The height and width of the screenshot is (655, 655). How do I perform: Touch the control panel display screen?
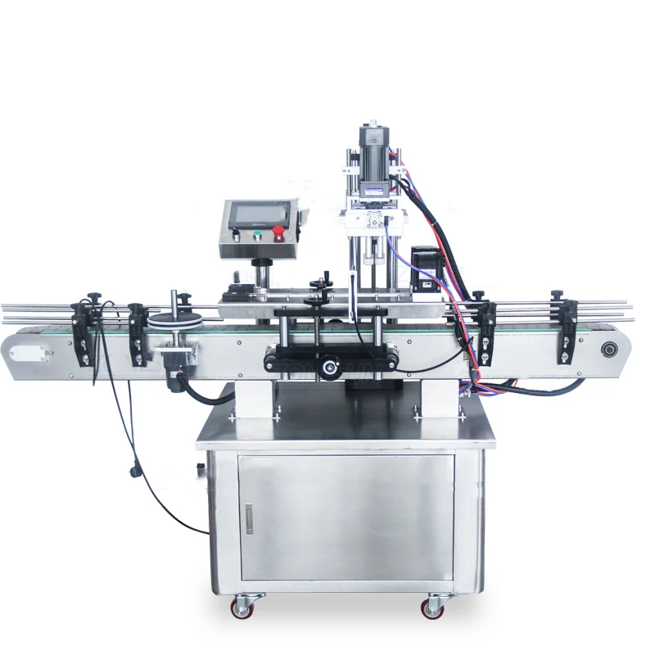(258, 215)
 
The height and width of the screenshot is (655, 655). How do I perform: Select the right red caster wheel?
(432, 608)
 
